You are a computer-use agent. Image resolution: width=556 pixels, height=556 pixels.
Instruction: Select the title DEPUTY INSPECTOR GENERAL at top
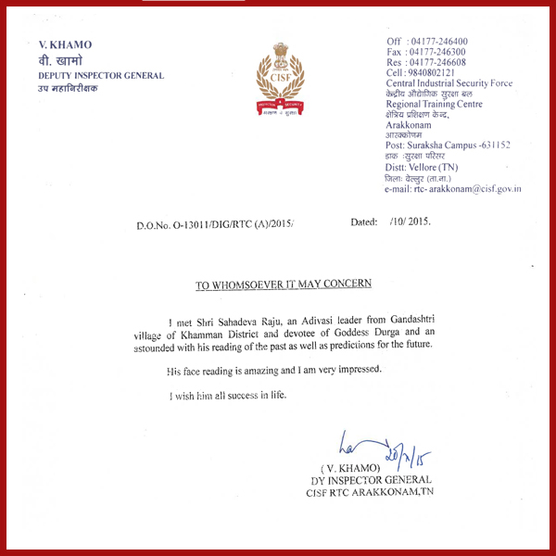[101, 75]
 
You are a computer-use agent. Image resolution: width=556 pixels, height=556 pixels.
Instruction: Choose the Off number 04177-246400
[437, 43]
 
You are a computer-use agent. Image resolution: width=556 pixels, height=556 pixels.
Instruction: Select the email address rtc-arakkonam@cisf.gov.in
[452, 189]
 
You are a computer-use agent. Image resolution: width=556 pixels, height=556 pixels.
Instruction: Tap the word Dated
[364, 223]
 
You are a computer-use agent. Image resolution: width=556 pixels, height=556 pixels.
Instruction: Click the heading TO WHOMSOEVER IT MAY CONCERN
[283, 284]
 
